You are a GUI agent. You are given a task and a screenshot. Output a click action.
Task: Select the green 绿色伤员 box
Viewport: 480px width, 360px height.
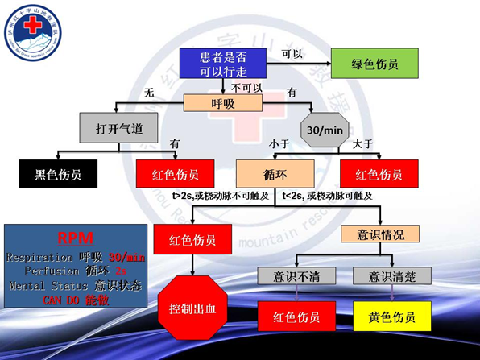pyautogui.click(x=374, y=64)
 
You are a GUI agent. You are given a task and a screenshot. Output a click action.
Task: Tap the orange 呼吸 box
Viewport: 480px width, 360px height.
pyautogui.click(x=223, y=103)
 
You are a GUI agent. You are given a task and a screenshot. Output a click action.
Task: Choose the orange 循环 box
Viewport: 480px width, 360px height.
pyautogui.click(x=275, y=174)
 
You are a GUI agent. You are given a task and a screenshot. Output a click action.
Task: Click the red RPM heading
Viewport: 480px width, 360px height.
pyautogui.click(x=76, y=238)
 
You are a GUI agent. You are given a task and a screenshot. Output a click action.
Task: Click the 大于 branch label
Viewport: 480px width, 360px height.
pyautogui.click(x=362, y=143)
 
